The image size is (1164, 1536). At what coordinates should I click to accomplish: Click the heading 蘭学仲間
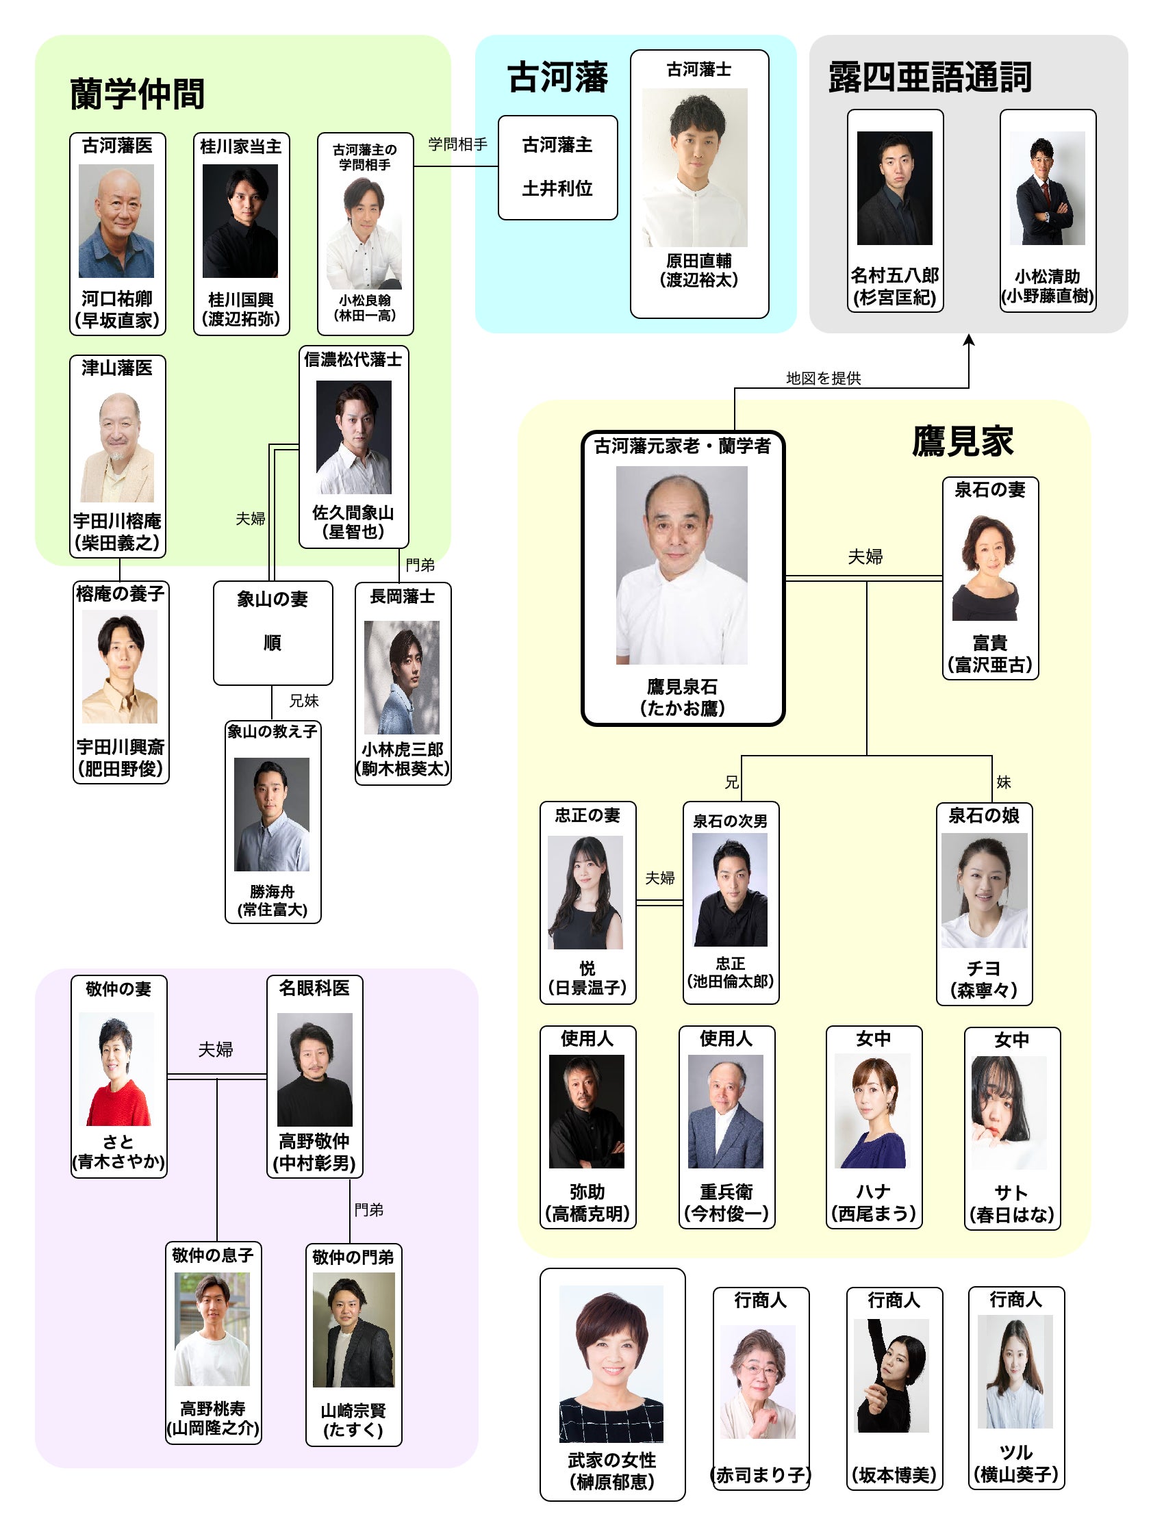click(137, 94)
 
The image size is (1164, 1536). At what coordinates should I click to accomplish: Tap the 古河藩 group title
click(557, 77)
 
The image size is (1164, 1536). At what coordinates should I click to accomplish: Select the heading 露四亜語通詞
click(929, 77)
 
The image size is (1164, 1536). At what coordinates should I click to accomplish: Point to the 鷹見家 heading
click(962, 441)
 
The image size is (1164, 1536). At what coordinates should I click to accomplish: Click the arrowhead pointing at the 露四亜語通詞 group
click(968, 340)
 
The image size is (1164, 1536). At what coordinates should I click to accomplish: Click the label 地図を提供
click(823, 378)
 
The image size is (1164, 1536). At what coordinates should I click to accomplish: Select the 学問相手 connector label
click(457, 144)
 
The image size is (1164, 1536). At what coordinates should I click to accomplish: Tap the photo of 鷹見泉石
click(681, 565)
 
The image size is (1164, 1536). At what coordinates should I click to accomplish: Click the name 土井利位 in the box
click(557, 188)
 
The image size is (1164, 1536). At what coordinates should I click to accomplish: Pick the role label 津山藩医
click(116, 368)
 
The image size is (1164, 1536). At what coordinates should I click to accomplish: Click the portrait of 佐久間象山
click(353, 437)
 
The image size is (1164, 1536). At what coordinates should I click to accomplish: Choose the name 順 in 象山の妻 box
click(273, 642)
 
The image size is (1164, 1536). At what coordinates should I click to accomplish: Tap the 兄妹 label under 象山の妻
click(303, 701)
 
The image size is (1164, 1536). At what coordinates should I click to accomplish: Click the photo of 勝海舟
click(272, 814)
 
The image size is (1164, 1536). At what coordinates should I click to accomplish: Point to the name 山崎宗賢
click(353, 1410)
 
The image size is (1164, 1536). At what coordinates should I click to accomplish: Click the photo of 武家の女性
click(611, 1363)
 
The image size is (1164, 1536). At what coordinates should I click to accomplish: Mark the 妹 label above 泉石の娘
click(1003, 782)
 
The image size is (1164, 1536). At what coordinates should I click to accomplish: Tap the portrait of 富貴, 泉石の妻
click(989, 567)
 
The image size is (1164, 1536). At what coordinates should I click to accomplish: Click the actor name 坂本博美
click(894, 1474)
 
